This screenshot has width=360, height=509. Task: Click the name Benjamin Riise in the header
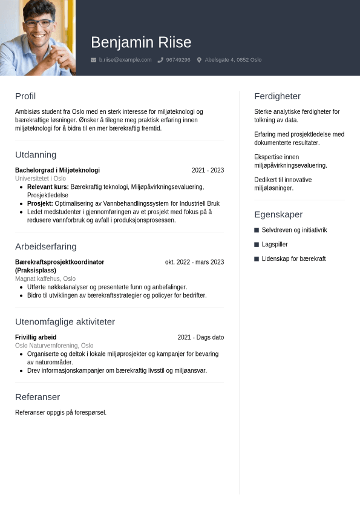tap(141, 42)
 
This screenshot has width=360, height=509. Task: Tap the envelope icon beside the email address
tap(93, 60)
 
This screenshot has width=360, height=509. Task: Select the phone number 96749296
tap(178, 60)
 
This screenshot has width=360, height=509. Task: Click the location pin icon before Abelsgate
tap(199, 60)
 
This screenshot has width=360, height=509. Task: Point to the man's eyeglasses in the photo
tap(38, 23)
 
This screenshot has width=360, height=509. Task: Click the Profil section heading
tap(25, 96)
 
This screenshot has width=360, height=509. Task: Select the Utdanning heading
tap(36, 154)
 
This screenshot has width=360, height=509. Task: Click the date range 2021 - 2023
tap(208, 170)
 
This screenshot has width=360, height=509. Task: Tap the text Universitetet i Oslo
tap(41, 179)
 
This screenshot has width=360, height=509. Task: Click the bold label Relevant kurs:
tap(48, 187)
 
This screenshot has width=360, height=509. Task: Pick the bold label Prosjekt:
tap(40, 203)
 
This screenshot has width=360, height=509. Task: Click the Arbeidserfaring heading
tap(46, 246)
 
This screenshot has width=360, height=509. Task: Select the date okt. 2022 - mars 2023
tap(194, 262)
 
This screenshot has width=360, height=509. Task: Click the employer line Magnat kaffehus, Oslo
tap(45, 278)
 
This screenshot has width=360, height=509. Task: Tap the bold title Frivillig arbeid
tap(36, 337)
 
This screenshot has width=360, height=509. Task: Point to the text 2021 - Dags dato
tap(200, 337)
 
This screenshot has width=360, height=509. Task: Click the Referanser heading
tap(38, 396)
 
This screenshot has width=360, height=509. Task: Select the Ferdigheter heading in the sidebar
tap(277, 96)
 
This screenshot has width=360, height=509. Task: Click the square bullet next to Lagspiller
tap(257, 245)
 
